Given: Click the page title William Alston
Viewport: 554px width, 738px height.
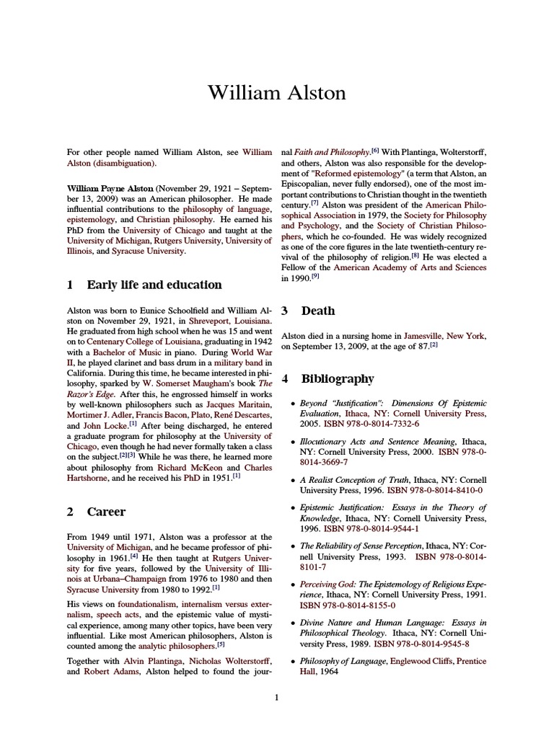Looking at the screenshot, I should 276,93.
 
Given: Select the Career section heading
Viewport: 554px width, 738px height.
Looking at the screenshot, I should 106,512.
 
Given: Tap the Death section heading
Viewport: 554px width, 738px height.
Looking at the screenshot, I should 318,311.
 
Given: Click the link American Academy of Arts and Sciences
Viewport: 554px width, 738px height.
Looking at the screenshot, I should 410,267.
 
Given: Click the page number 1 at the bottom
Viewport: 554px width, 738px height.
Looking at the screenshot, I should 276,697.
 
